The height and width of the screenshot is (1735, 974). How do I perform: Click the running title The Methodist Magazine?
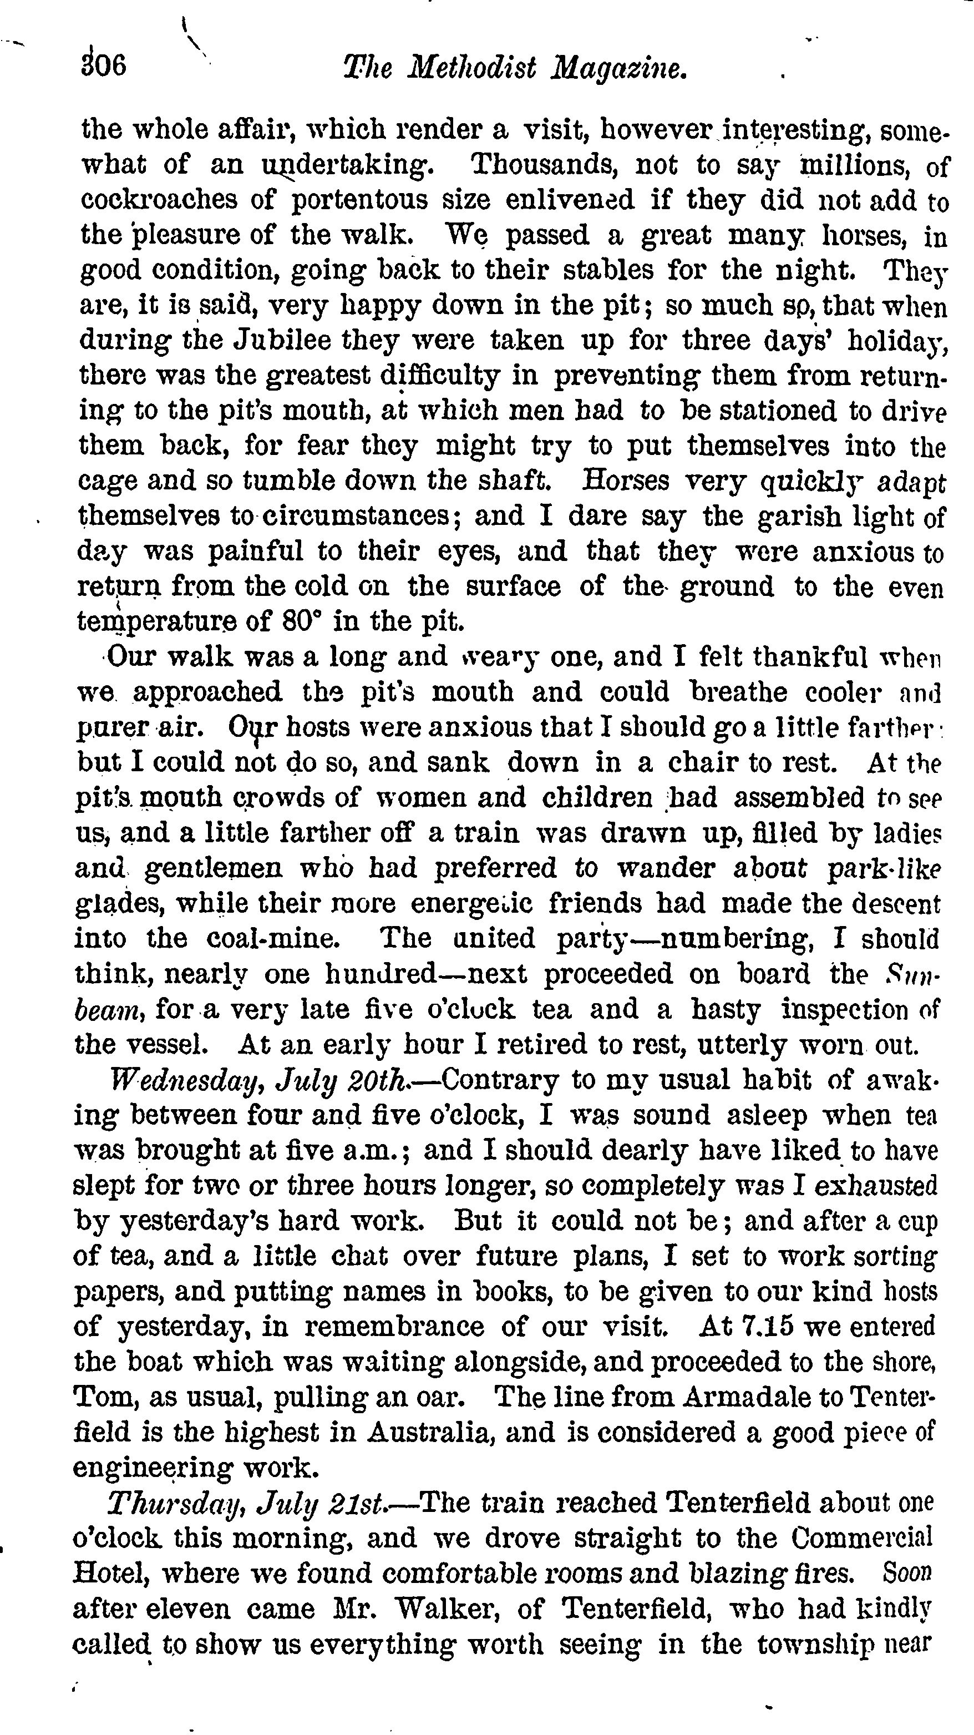pos(515,69)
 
